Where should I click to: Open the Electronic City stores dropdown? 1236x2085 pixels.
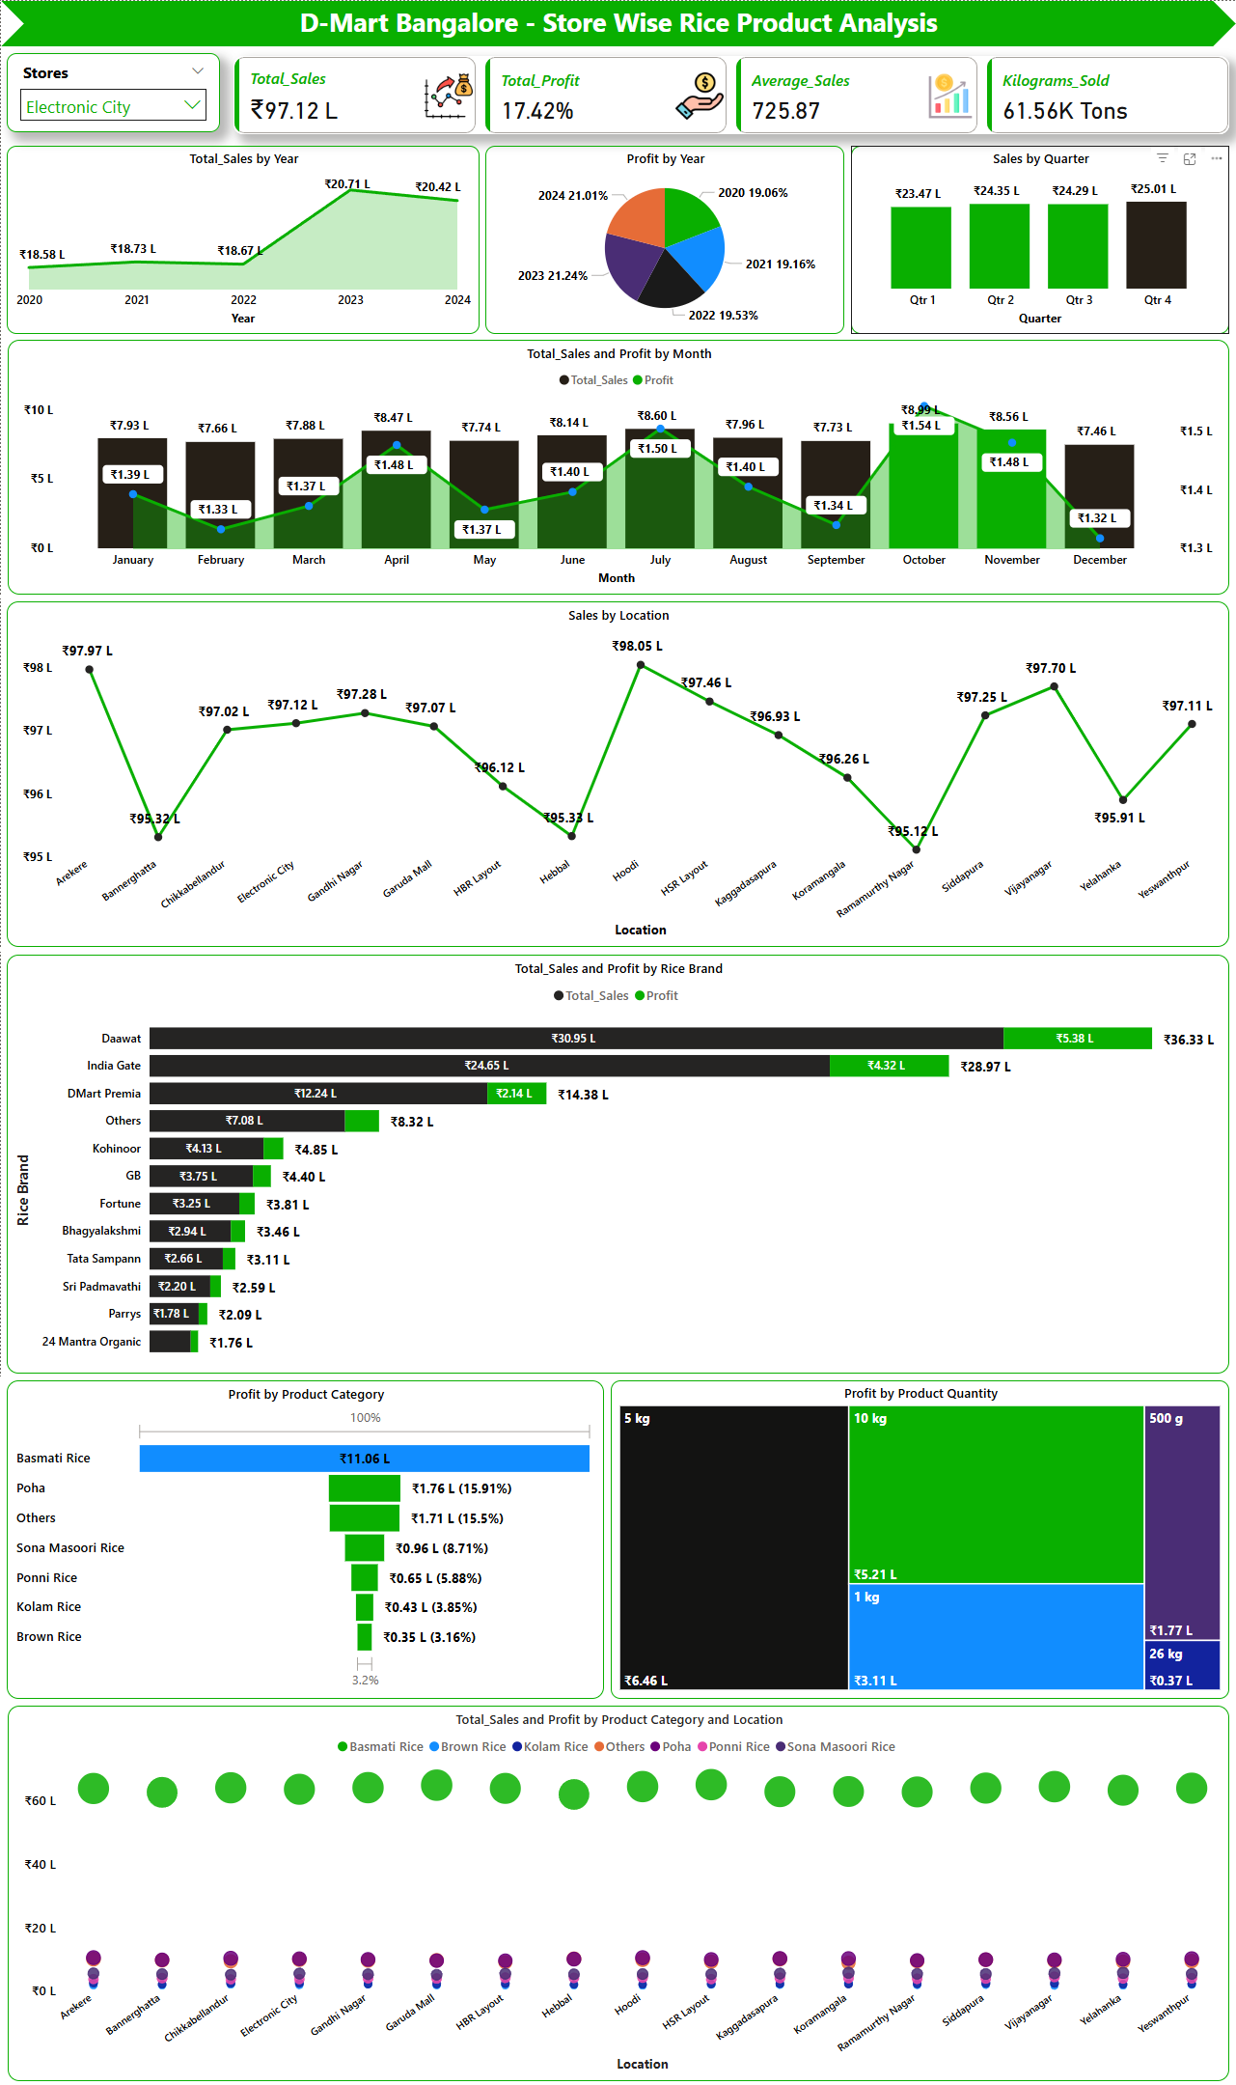point(113,106)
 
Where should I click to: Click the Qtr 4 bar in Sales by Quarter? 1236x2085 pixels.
point(1155,245)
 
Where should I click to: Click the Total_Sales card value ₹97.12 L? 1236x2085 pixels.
point(294,111)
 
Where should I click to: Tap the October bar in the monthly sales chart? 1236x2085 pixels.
point(923,483)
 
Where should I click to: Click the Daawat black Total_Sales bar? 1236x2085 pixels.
point(575,1039)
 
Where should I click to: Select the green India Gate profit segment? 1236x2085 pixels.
point(888,1066)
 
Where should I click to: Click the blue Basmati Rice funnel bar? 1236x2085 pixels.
point(364,1459)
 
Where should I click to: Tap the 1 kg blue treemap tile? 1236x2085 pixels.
point(996,1636)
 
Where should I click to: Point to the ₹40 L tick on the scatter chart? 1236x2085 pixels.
point(41,1865)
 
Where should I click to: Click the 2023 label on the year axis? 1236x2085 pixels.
point(350,300)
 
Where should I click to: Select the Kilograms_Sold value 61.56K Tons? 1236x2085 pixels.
point(1065,112)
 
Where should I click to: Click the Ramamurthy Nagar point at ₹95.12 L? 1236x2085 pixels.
point(917,849)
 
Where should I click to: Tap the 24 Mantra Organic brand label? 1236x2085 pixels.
point(92,1342)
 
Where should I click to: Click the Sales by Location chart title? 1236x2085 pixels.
point(618,616)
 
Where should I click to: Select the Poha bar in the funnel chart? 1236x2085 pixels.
point(364,1488)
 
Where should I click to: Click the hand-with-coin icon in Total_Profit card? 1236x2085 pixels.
point(700,97)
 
